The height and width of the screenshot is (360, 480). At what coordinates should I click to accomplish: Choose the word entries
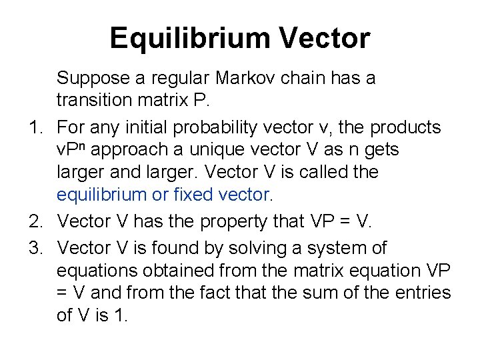click(x=423, y=293)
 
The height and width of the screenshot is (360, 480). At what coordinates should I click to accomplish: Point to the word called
click(x=320, y=172)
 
